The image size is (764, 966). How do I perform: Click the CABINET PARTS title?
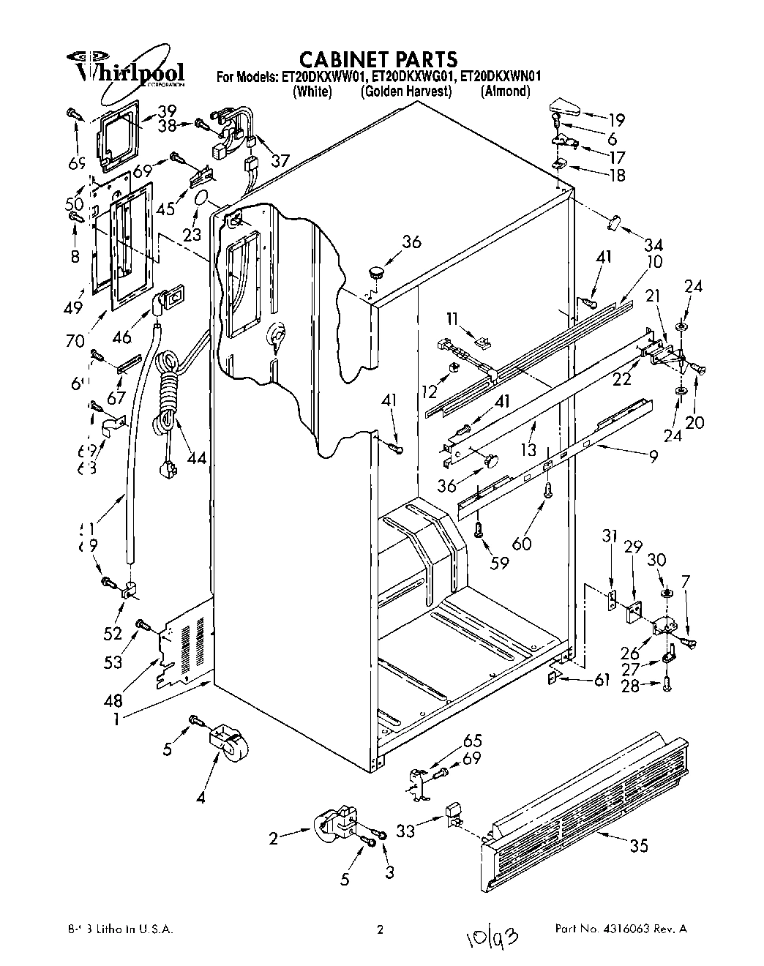[379, 59]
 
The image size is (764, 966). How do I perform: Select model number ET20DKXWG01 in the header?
[414, 75]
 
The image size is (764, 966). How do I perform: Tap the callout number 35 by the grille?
[638, 846]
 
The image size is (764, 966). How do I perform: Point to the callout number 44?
[196, 458]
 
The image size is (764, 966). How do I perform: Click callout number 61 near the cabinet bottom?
[602, 681]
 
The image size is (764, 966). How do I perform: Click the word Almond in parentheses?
[505, 91]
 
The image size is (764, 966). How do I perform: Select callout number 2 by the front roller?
[273, 839]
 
